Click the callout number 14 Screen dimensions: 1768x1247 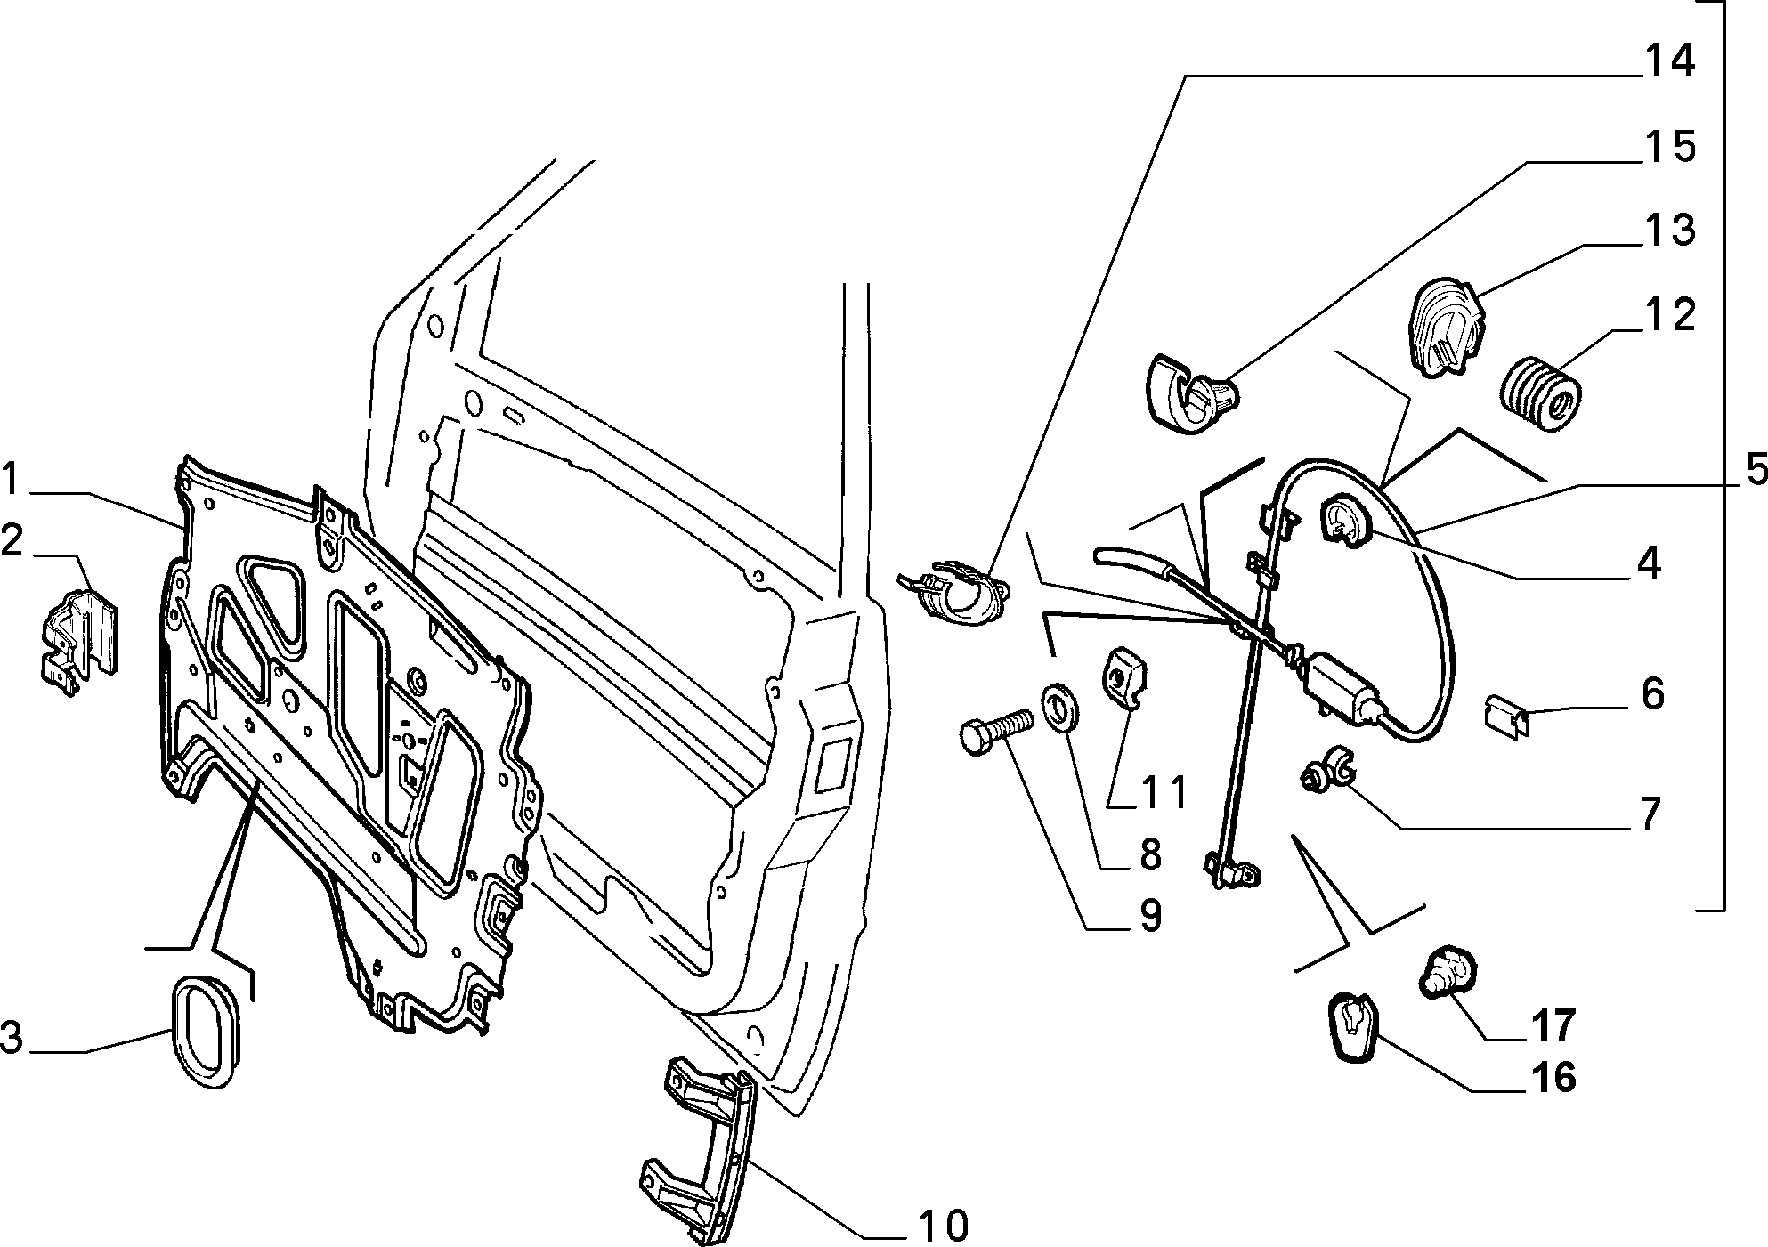tap(1668, 61)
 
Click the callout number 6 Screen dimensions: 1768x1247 tap(1651, 693)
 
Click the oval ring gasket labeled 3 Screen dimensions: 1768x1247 tap(206, 1032)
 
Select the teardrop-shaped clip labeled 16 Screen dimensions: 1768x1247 tap(1351, 1027)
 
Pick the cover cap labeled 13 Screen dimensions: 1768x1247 tap(1448, 328)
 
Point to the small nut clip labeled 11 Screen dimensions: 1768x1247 tap(1124, 681)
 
